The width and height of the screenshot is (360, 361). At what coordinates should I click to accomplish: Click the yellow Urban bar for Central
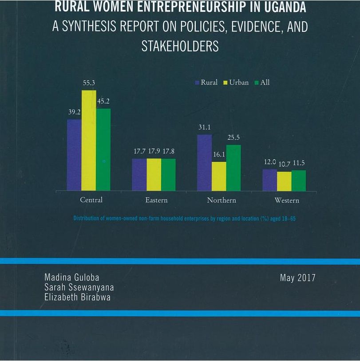(89, 141)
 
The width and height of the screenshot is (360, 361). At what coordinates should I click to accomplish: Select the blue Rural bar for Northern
(204, 163)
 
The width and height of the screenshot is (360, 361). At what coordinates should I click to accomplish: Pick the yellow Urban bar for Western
(284, 181)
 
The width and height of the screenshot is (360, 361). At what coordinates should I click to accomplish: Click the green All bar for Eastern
(168, 175)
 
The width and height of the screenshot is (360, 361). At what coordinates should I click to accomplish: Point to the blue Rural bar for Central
(74, 155)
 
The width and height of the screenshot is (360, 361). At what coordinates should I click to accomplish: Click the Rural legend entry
(206, 82)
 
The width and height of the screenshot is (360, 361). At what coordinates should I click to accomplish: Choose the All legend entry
(262, 82)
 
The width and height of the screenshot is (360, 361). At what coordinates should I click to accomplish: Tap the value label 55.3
(89, 83)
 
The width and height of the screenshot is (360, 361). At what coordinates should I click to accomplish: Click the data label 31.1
(205, 127)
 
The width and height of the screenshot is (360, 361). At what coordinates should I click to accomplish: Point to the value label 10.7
(285, 164)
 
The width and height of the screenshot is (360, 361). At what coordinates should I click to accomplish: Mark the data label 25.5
(234, 137)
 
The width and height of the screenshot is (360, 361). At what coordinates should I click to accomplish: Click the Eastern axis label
(156, 200)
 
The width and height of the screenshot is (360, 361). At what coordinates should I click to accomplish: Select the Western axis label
(287, 200)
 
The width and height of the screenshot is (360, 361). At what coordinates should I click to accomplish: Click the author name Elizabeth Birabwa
(78, 297)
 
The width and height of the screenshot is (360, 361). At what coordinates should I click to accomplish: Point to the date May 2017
(297, 278)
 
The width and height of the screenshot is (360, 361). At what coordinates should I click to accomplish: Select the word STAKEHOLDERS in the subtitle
(180, 47)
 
